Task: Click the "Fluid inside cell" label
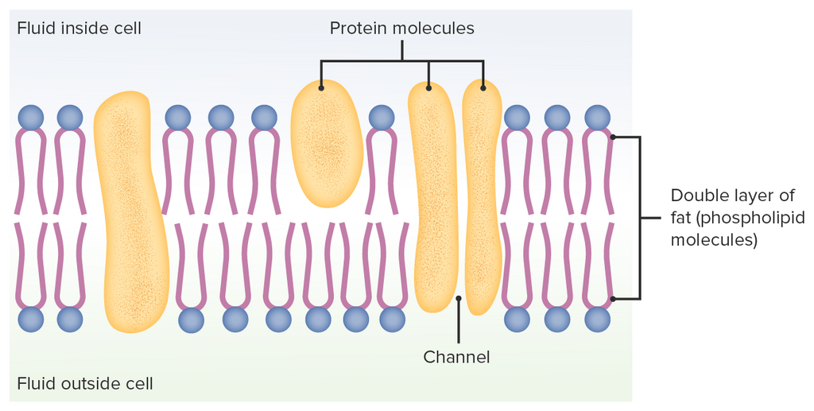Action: click(x=79, y=28)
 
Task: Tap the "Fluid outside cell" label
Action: click(x=85, y=383)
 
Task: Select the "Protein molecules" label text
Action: click(x=401, y=28)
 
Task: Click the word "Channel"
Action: click(x=456, y=357)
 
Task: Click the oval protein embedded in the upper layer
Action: click(x=325, y=144)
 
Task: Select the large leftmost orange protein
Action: click(x=132, y=211)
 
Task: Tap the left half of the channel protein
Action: click(x=432, y=197)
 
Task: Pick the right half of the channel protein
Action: click(x=482, y=197)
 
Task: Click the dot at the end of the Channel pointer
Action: click(x=459, y=298)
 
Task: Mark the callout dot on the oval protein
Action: click(x=321, y=88)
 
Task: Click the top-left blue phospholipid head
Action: click(x=31, y=118)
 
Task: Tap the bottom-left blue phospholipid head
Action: click(x=31, y=319)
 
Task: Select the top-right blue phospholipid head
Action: click(x=597, y=118)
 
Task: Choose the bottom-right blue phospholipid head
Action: click(x=597, y=319)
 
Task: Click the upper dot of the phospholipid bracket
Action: click(x=613, y=137)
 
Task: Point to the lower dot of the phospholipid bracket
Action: click(x=613, y=299)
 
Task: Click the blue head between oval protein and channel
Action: click(x=382, y=118)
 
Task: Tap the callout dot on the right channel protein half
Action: click(x=483, y=88)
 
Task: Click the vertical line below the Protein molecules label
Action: click(x=401, y=51)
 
